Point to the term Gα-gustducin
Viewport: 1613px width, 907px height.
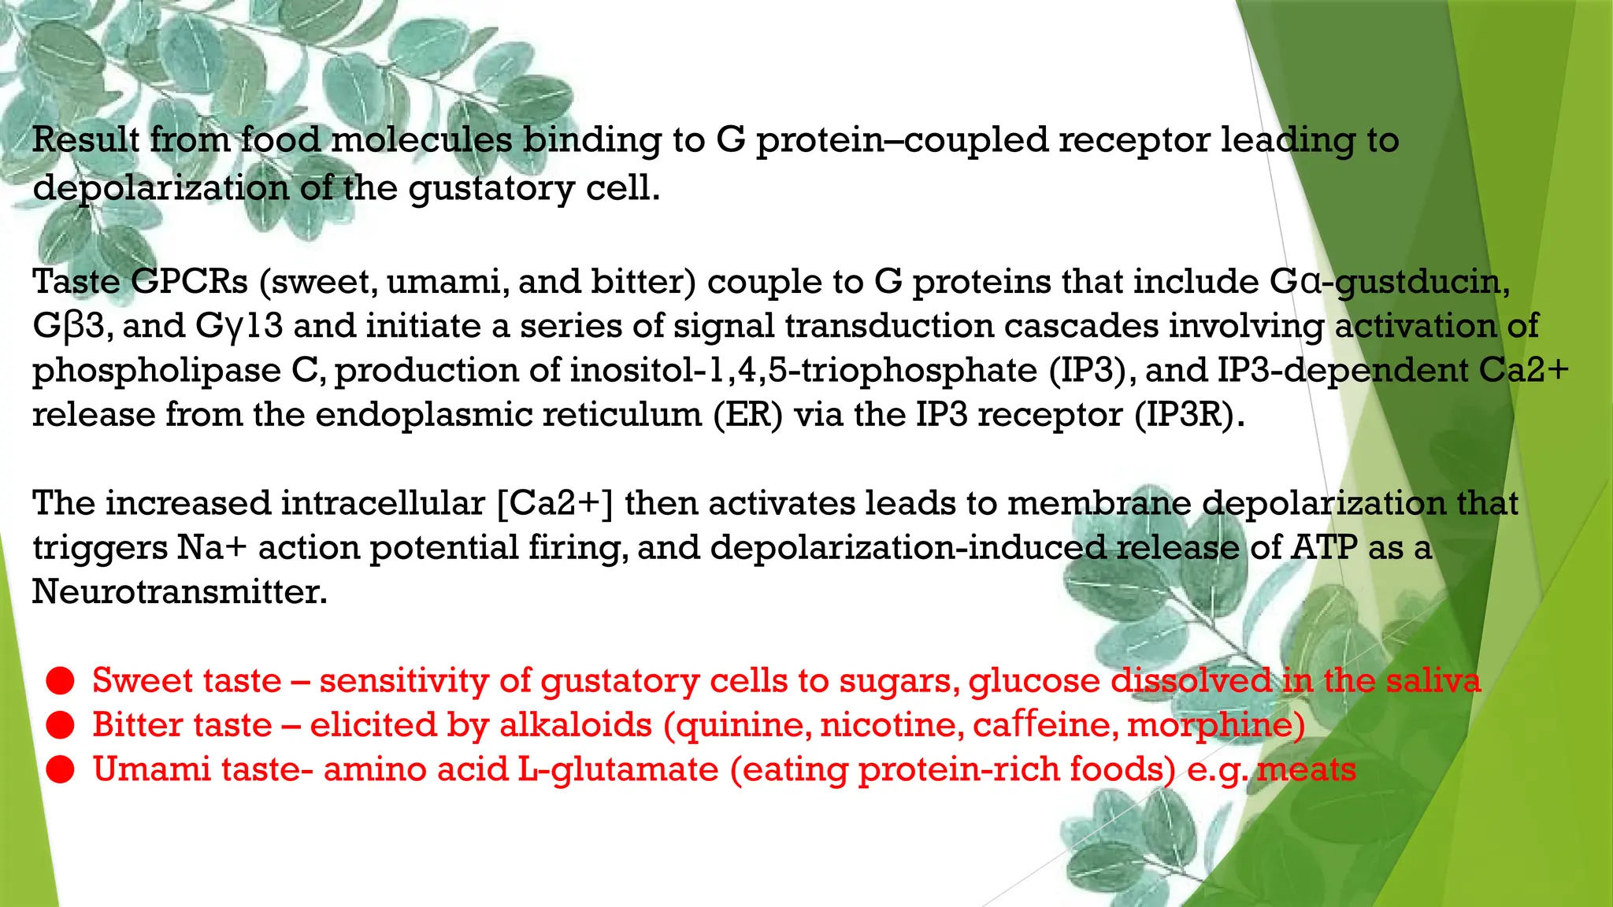(1389, 281)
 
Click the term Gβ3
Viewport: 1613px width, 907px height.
(69, 325)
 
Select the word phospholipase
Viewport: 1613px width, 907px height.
(157, 370)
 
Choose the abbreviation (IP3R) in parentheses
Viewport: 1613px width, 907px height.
(1189, 414)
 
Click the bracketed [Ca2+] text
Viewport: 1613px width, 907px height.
(555, 503)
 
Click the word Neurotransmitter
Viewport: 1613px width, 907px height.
(180, 591)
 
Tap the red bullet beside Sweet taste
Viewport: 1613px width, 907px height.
(60, 681)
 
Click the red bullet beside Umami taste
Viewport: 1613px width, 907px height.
(60, 770)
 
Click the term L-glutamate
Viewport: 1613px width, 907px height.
(618, 769)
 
